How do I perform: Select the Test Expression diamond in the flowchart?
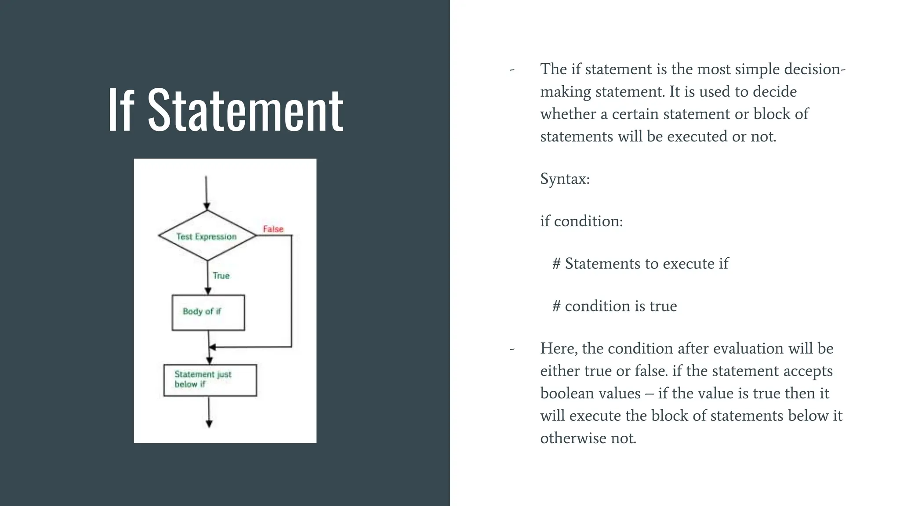(207, 236)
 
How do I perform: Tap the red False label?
(273, 229)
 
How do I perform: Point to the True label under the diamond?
(221, 275)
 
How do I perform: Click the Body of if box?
(208, 312)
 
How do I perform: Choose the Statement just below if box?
(210, 380)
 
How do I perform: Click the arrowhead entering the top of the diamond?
(207, 206)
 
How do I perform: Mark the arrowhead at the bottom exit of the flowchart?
(209, 423)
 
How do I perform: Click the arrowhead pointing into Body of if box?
(208, 291)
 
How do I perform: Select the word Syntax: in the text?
(565, 179)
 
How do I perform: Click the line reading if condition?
(581, 221)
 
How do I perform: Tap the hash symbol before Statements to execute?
(556, 264)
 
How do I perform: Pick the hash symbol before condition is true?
(556, 306)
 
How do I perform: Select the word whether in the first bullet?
(568, 114)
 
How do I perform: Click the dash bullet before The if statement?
(512, 70)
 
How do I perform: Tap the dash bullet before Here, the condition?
(512, 349)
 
